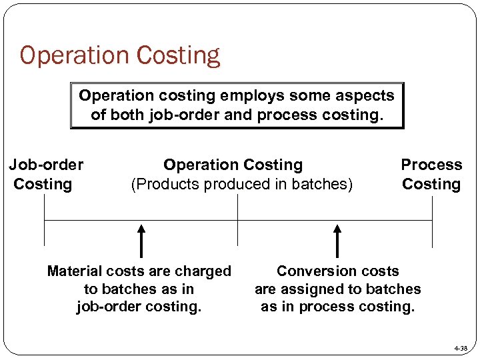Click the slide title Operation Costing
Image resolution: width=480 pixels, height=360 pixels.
(x=120, y=55)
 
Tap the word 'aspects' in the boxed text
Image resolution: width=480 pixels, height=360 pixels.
(x=365, y=95)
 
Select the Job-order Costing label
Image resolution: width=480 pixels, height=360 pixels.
(x=45, y=174)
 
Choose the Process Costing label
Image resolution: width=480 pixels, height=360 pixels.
(x=431, y=174)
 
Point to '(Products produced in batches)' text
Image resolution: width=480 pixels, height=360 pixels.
(x=241, y=184)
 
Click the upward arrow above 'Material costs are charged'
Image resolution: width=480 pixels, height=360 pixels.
(x=141, y=241)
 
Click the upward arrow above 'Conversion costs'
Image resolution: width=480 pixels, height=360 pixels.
(x=337, y=241)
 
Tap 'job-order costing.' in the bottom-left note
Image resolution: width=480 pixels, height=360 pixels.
(x=139, y=307)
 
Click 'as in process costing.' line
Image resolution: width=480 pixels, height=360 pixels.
(x=337, y=307)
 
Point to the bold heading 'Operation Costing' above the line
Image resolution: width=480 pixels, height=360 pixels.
(x=233, y=165)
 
